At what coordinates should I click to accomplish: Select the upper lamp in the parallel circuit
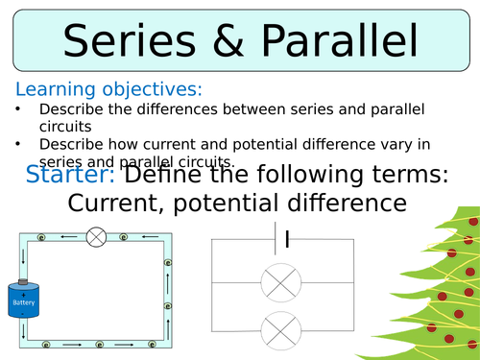pos(278,284)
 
